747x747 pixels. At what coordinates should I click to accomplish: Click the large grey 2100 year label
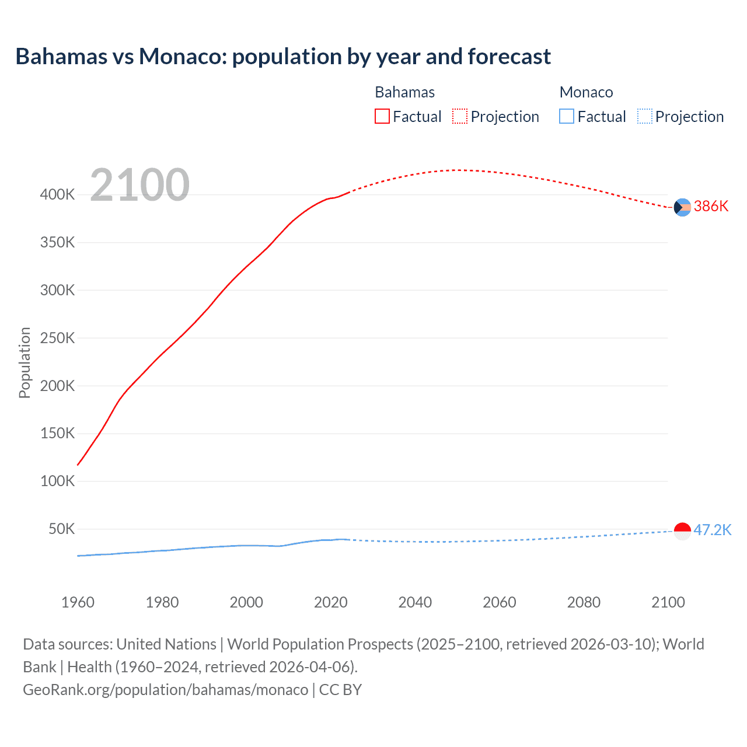pyautogui.click(x=140, y=185)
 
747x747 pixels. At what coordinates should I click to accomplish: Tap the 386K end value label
pyautogui.click(x=711, y=206)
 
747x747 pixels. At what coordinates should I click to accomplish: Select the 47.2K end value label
pyautogui.click(x=712, y=530)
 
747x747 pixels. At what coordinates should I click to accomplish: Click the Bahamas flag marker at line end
pyautogui.click(x=682, y=207)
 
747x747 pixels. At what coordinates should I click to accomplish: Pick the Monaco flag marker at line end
pyautogui.click(x=682, y=531)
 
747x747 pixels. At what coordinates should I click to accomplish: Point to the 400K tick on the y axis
pyautogui.click(x=58, y=194)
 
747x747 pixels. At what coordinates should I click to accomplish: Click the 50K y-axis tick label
pyautogui.click(x=62, y=529)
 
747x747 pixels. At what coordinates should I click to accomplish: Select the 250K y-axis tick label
pyautogui.click(x=58, y=338)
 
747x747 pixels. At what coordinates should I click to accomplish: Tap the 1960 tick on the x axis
pyautogui.click(x=78, y=602)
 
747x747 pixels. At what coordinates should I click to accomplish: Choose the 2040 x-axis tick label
pyautogui.click(x=415, y=602)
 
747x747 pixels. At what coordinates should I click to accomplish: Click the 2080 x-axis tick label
pyautogui.click(x=584, y=602)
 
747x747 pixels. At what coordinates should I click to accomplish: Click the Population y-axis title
pyautogui.click(x=25, y=362)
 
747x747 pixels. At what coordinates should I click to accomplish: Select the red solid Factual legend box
pyautogui.click(x=382, y=116)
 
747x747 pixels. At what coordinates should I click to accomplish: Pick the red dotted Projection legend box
pyautogui.click(x=460, y=116)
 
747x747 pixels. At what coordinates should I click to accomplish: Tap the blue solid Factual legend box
pyautogui.click(x=567, y=116)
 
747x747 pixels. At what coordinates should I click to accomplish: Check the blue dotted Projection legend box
pyautogui.click(x=645, y=116)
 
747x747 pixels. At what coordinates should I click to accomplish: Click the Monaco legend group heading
pyautogui.click(x=586, y=92)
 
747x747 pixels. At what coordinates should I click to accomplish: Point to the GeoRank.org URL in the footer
pyautogui.click(x=165, y=690)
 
